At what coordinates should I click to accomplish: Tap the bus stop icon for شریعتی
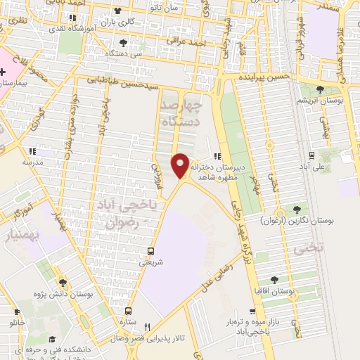tap(150, 250)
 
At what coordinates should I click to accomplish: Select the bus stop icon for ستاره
tap(127, 310)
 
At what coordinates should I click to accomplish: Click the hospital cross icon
tap(4, 71)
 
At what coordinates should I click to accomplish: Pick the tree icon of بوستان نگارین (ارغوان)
tap(295, 209)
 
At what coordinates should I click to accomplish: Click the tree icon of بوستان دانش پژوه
tap(63, 282)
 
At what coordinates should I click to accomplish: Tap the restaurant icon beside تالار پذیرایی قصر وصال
tap(147, 326)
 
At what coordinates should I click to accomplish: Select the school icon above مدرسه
tap(31, 151)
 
